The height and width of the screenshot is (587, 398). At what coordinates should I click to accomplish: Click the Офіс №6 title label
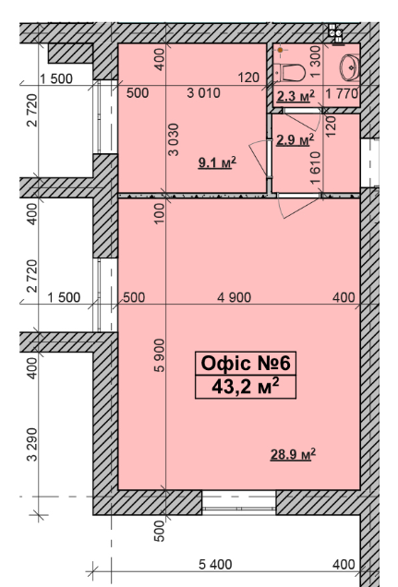click(246, 364)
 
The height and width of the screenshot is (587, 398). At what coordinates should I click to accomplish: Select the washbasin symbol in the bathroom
click(351, 67)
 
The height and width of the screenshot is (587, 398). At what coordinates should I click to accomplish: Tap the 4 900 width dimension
click(235, 296)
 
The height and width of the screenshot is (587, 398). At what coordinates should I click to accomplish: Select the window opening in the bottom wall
click(239, 501)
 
